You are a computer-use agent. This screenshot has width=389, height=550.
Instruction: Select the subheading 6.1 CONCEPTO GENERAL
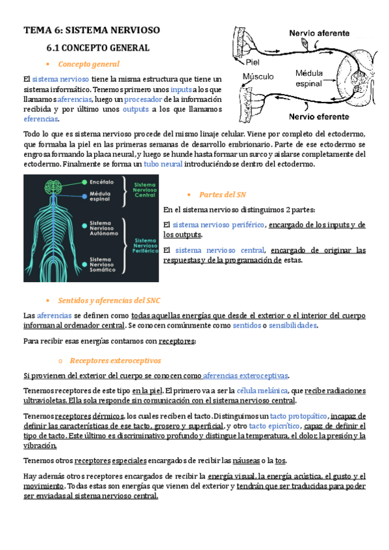(97, 48)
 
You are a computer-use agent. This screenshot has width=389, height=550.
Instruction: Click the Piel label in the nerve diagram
(253, 63)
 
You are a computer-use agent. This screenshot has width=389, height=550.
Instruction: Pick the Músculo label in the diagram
(258, 77)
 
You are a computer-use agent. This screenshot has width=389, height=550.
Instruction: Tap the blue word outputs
(136, 110)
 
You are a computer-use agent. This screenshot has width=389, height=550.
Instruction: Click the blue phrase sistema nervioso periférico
(219, 225)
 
